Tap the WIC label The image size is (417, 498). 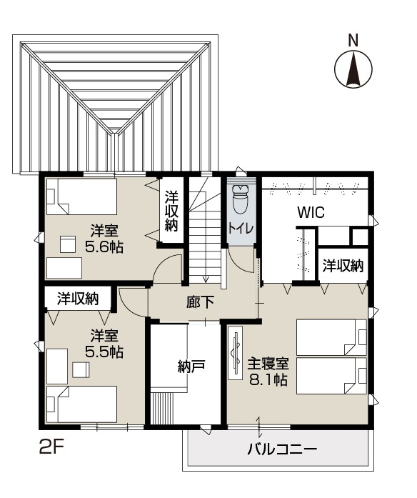tap(311, 212)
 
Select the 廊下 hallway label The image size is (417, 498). tap(200, 302)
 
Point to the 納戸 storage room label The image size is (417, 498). tap(191, 367)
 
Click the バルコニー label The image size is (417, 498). tap(283, 449)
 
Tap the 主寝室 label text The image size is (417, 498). tap(268, 364)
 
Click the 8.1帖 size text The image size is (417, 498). tap(268, 379)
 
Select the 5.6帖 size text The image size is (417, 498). tap(104, 246)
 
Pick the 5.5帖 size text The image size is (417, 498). tap(104, 352)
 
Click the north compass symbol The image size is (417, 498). tap(353, 69)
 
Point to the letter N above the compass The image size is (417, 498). tap(353, 40)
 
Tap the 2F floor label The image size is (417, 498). tap(52, 447)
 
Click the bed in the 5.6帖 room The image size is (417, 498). tap(82, 196)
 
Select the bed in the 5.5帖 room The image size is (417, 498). tap(82, 404)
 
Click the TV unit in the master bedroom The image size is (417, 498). tap(236, 352)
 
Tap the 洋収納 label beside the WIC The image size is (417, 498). tap(343, 266)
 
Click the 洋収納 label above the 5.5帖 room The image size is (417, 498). tap(78, 299)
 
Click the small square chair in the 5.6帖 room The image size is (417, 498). tap(68, 244)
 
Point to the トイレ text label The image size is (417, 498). tap(241, 229)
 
